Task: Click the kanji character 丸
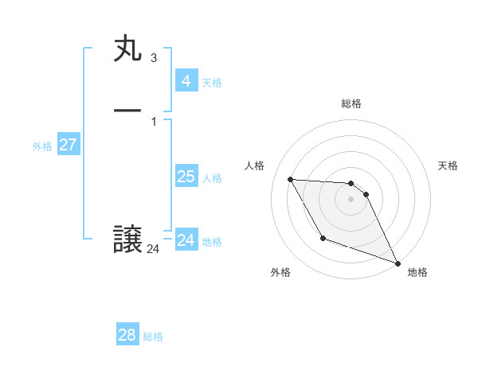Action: [127, 49]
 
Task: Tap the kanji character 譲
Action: [127, 240]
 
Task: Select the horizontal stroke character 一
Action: [127, 110]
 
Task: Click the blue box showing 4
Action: [186, 81]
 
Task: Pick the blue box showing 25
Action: [186, 177]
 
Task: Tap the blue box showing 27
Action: [68, 145]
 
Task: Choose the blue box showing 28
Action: [127, 335]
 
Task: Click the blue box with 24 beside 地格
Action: [186, 240]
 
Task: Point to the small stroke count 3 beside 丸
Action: [153, 58]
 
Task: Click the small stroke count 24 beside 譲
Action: [153, 249]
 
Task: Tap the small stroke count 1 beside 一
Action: [153, 121]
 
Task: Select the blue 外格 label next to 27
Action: [42, 146]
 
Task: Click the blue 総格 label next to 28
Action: [153, 337]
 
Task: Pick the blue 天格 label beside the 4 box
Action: [212, 83]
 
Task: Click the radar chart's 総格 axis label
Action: [351, 103]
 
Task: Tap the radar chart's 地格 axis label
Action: [417, 272]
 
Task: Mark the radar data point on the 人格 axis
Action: [290, 179]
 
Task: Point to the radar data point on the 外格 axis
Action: [323, 238]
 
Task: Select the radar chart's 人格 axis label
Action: [255, 166]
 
